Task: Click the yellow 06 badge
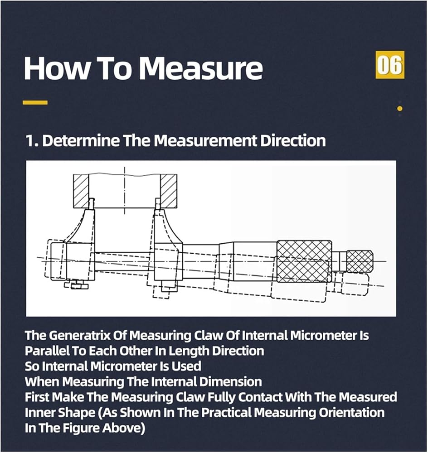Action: (389, 66)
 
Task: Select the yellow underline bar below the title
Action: (35, 103)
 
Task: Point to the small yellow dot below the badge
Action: (399, 108)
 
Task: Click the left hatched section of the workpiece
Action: (81, 190)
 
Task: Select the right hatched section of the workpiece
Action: (168, 190)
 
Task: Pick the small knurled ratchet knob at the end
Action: (360, 261)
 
